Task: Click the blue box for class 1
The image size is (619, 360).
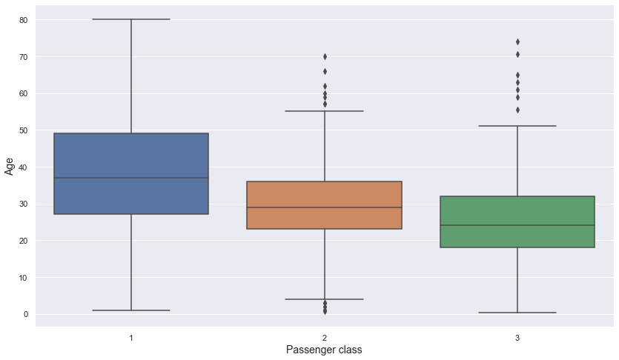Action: (131, 156)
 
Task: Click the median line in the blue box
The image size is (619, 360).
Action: (131, 178)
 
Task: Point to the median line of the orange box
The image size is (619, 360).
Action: (324, 207)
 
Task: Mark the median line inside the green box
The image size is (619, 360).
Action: (517, 225)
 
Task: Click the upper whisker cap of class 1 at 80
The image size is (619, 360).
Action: (131, 19)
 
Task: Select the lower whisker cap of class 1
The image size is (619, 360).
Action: (131, 310)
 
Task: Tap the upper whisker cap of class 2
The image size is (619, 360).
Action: (324, 111)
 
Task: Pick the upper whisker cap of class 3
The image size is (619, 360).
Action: (517, 126)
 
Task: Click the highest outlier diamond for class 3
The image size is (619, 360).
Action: (517, 41)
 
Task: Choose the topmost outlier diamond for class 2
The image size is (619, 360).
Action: (324, 56)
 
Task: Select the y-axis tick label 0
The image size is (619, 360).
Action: (25, 315)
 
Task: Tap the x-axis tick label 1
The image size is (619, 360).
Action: (131, 338)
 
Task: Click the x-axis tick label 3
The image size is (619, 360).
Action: (517, 338)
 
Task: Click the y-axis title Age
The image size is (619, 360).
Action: (10, 167)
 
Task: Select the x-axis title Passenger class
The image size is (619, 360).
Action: (324, 350)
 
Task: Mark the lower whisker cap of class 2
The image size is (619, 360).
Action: (324, 299)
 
